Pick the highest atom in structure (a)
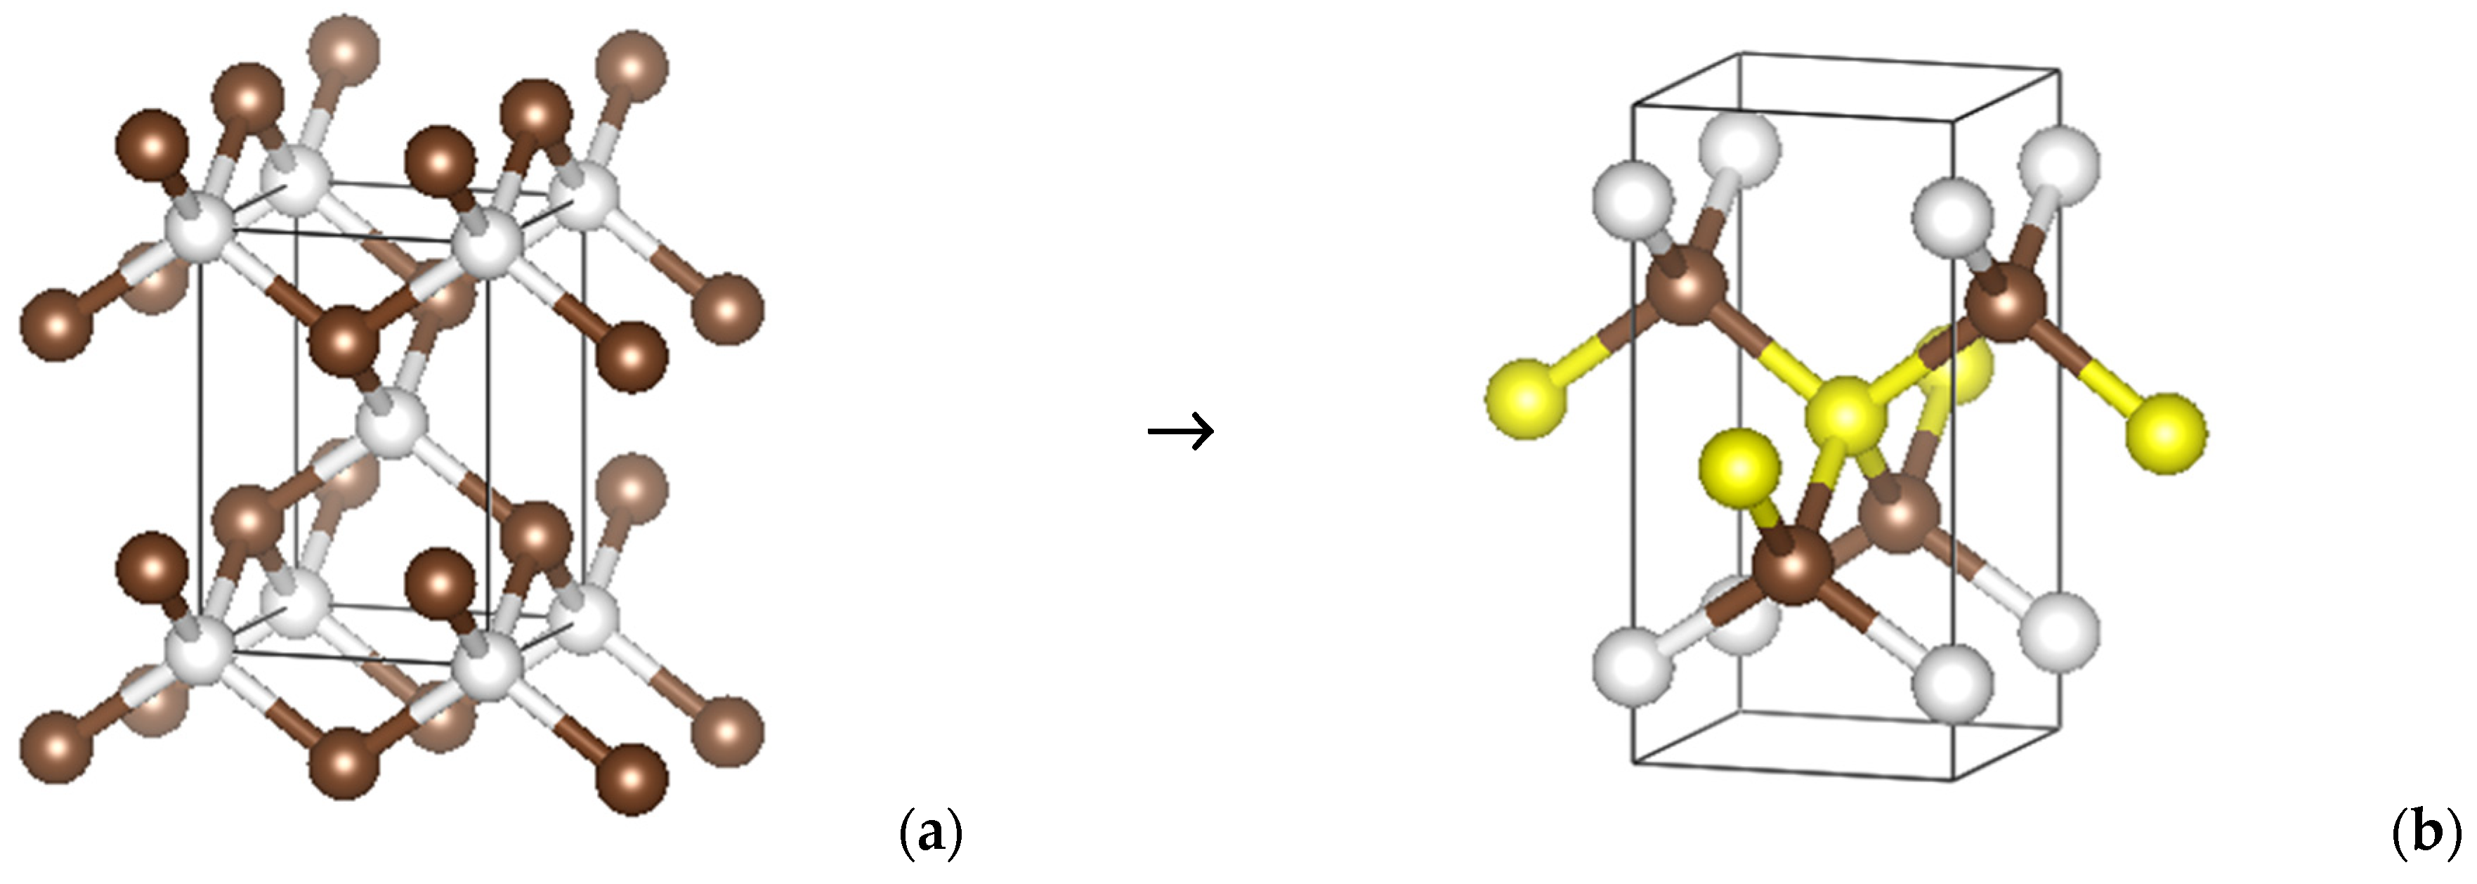[344, 48]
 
